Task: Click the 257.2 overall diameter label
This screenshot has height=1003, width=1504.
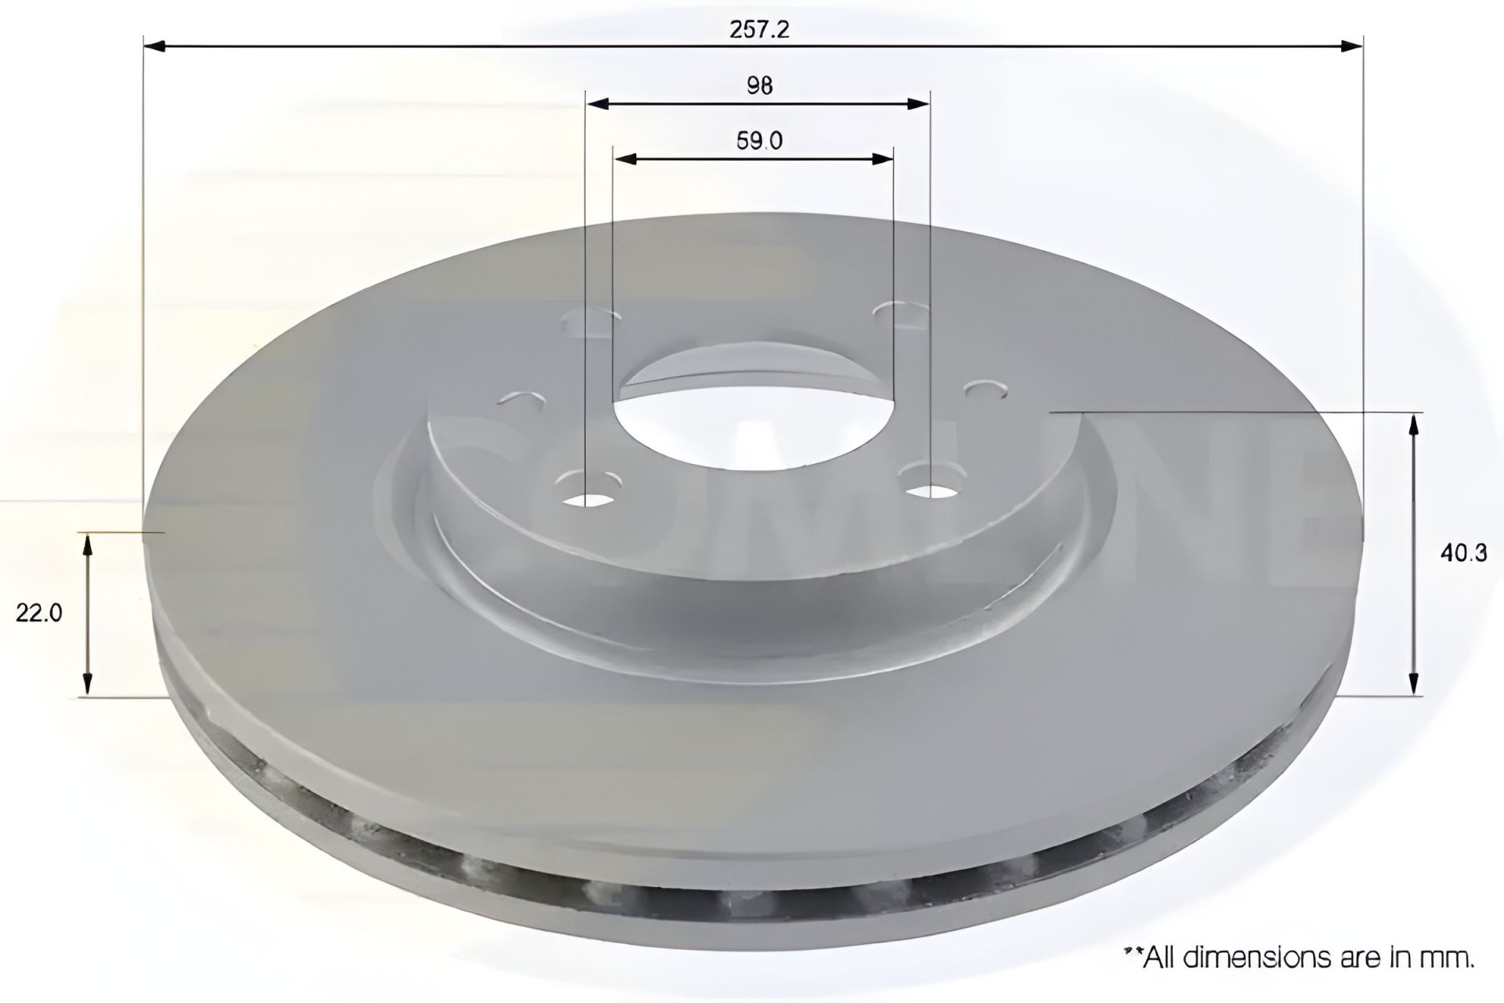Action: (x=759, y=29)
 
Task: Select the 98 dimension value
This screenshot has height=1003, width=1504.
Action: (x=759, y=85)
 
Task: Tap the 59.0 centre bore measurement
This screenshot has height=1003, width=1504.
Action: (x=759, y=141)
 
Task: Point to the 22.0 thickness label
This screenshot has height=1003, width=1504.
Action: (x=38, y=613)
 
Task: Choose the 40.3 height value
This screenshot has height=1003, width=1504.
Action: (x=1462, y=553)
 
